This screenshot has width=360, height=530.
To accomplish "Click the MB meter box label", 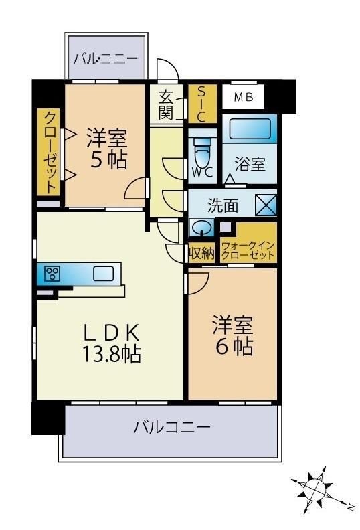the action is click(244, 97).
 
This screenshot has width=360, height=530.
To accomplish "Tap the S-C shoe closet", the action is click(202, 104).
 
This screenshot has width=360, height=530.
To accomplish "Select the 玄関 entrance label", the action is click(166, 105).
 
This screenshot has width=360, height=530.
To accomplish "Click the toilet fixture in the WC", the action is click(203, 151).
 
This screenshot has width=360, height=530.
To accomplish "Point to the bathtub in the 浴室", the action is click(250, 128).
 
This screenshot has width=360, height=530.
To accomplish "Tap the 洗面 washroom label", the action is click(223, 205).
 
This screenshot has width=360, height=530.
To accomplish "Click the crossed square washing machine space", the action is click(266, 205).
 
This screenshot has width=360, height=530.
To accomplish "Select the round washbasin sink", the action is click(202, 227).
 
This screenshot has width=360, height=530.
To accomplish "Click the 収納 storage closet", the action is click(201, 252).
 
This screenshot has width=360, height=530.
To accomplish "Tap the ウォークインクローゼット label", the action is click(248, 250).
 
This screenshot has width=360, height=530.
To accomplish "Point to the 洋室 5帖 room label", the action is click(107, 149).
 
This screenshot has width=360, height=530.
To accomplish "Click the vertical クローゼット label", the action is click(50, 152).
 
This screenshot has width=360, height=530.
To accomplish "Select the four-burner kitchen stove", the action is click(52, 274).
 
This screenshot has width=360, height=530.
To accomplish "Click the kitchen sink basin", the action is click(103, 274).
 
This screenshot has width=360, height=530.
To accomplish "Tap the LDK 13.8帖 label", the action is click(112, 343).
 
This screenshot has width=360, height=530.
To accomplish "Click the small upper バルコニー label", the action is click(106, 58).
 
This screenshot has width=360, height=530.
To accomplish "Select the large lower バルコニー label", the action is click(172, 427).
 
